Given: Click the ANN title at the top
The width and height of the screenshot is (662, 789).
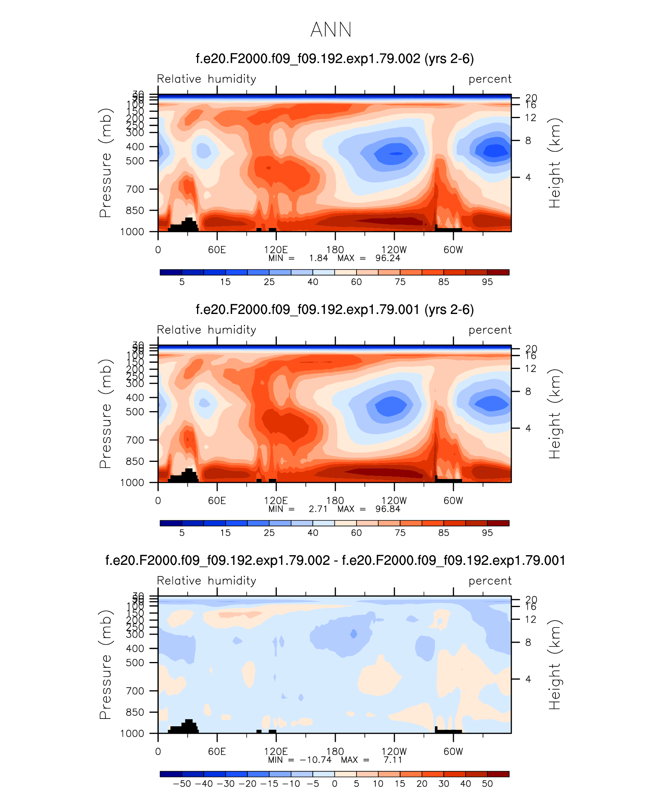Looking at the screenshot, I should click(x=331, y=30).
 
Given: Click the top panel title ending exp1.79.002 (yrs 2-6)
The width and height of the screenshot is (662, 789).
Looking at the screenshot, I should click(x=335, y=59).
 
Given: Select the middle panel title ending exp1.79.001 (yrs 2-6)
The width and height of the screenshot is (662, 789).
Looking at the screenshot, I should click(x=335, y=310).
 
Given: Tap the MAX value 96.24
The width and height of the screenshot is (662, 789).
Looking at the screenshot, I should click(x=388, y=258).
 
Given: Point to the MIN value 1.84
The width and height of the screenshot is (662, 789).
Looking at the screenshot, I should click(x=318, y=258).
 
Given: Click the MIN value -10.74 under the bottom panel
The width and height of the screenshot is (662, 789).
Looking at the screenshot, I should click(x=316, y=760).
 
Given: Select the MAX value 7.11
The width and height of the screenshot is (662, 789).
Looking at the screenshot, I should click(x=393, y=760).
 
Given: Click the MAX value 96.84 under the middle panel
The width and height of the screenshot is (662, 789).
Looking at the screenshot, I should click(x=388, y=509).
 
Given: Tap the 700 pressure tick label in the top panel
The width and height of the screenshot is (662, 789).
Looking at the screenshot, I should click(x=135, y=189).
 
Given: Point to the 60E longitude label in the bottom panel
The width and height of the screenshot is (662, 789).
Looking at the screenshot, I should click(x=217, y=751).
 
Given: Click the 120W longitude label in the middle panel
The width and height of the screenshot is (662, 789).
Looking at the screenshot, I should click(x=394, y=501).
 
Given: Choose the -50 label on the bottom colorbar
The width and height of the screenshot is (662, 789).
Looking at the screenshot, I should click(x=182, y=784).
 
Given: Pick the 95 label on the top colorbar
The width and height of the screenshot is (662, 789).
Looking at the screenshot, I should click(x=487, y=282).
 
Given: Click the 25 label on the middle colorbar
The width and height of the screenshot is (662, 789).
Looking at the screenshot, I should click(x=269, y=533).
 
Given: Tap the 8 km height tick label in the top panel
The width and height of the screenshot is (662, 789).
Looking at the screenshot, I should click(x=528, y=141).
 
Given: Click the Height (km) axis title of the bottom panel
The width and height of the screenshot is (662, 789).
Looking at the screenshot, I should click(x=554, y=665).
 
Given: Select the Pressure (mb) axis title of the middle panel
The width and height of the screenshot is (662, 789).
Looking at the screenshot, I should click(x=105, y=413).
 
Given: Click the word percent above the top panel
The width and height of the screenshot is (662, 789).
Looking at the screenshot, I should click(x=490, y=79).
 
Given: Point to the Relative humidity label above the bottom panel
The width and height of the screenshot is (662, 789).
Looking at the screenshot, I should click(x=206, y=581).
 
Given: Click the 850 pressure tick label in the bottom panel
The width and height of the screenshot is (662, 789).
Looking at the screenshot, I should click(x=135, y=712).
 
